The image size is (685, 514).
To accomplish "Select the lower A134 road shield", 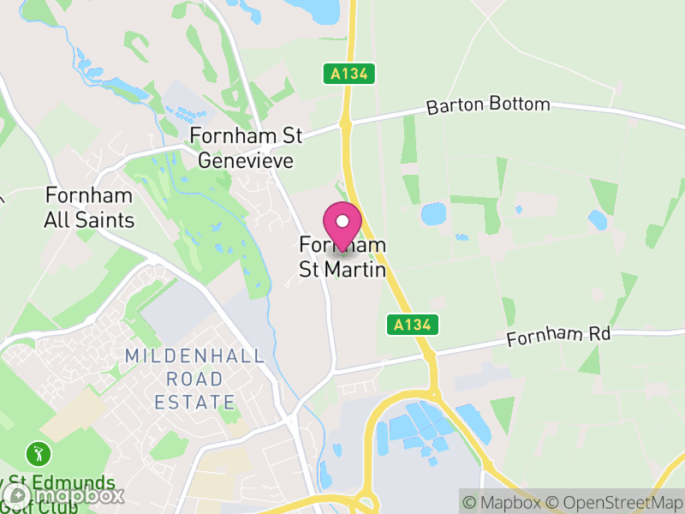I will coord(412,325).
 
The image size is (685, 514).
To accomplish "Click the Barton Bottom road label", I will coord(488,105).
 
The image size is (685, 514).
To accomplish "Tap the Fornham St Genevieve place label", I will coord(247,147).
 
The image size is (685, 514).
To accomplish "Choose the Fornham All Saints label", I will coord(89,207).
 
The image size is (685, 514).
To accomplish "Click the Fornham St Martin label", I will coord(342,257).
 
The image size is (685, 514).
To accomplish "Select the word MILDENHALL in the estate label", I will coord(194,356).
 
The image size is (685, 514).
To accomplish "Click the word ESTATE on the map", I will coord(194,402).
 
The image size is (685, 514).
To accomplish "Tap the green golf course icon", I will coord(38,452).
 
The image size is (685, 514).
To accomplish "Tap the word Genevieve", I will coord(247,160).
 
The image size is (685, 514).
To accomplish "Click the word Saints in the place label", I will coord(105,220).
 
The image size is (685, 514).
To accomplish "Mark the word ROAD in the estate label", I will coord(194,379).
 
